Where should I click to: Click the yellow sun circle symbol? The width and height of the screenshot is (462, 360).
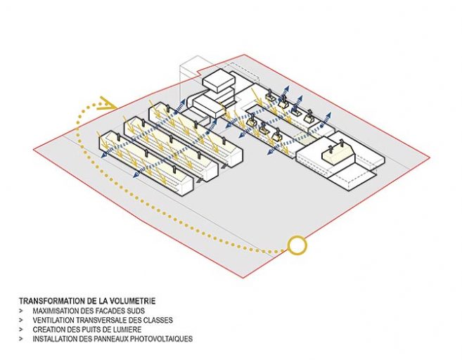click(297, 245)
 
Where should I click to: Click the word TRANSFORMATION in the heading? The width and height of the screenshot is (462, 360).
click(52, 301)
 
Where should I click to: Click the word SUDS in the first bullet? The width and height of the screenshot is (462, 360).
click(136, 311)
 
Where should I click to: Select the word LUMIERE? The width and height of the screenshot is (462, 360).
click(128, 330)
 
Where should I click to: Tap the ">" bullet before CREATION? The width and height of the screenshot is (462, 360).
click(21, 330)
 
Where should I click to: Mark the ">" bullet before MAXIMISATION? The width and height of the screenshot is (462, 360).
click(21, 311)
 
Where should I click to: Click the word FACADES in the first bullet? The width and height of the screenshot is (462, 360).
click(112, 311)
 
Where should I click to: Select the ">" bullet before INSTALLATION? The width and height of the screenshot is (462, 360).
click(21, 339)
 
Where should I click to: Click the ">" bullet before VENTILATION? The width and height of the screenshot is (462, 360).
click(21, 320)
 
